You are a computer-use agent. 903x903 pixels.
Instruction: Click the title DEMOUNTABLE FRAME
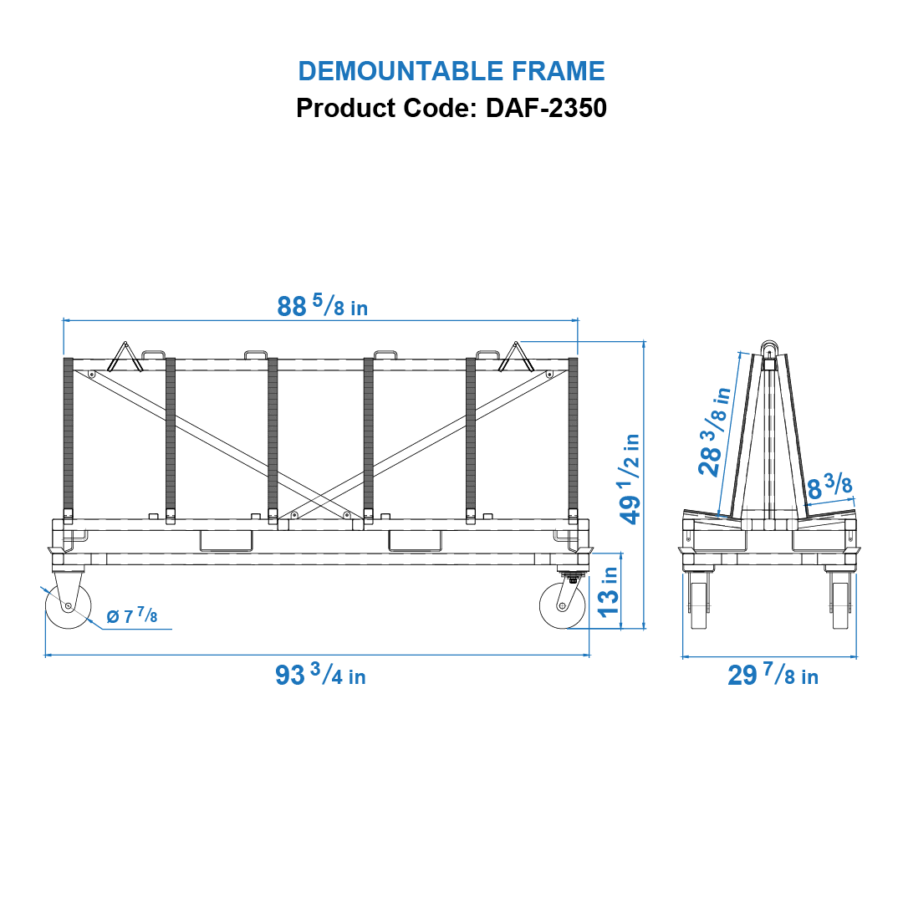coord(451,71)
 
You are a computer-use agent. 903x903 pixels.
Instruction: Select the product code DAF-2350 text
coord(451,108)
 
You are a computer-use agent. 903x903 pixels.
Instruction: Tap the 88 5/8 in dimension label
coord(322,307)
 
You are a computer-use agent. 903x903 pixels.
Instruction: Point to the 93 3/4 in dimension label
coord(320,675)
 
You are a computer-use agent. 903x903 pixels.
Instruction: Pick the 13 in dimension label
coord(610,590)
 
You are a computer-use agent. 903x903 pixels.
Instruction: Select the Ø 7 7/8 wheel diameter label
coord(132,617)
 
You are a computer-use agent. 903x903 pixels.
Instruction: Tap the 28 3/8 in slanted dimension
coord(715,431)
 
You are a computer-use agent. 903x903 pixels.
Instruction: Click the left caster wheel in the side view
coord(68,605)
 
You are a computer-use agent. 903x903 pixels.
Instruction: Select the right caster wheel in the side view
coord(562,606)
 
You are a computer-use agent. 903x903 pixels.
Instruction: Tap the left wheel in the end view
coord(700,604)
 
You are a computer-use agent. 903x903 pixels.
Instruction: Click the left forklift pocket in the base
coord(226,541)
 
